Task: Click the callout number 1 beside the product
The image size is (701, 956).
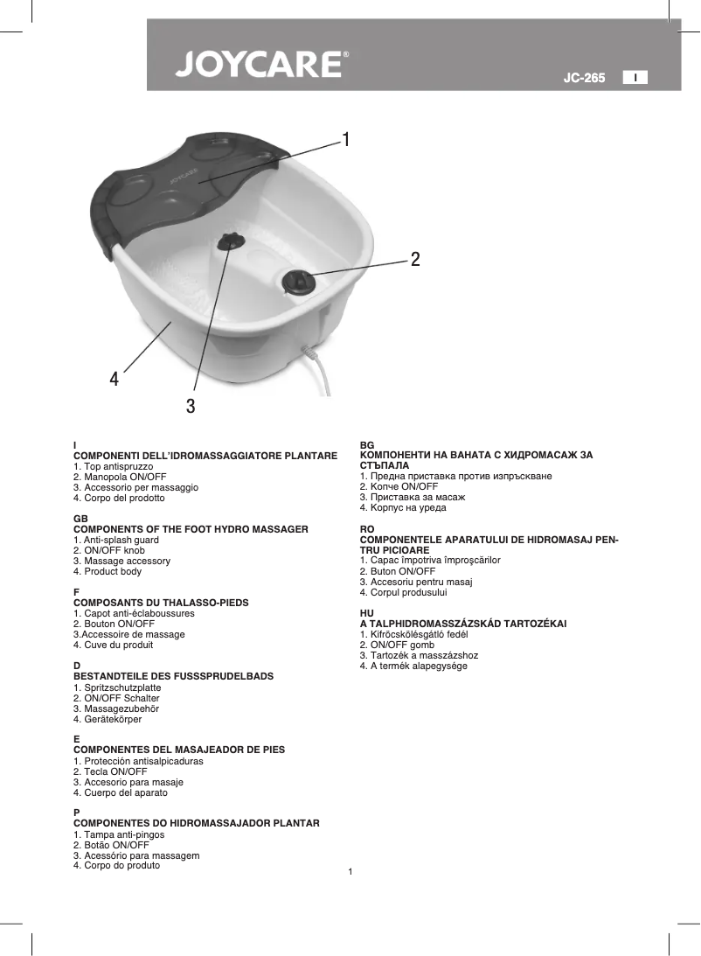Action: click(x=347, y=140)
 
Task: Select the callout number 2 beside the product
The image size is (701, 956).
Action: click(x=415, y=259)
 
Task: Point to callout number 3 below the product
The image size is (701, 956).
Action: click(x=191, y=406)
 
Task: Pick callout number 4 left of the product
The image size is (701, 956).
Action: click(x=115, y=379)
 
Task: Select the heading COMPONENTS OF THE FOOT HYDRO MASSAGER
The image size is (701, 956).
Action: click(x=191, y=529)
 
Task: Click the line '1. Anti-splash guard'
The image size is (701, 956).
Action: click(x=116, y=541)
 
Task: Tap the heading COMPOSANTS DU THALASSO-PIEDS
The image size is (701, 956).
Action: click(x=161, y=603)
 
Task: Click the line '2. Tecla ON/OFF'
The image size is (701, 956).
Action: click(x=110, y=772)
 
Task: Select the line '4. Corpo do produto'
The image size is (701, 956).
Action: click(x=116, y=865)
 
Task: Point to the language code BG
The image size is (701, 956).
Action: click(x=367, y=445)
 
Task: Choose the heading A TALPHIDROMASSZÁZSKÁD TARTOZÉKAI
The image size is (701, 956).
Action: click(x=463, y=624)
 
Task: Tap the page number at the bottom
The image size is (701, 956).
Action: click(x=350, y=873)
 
